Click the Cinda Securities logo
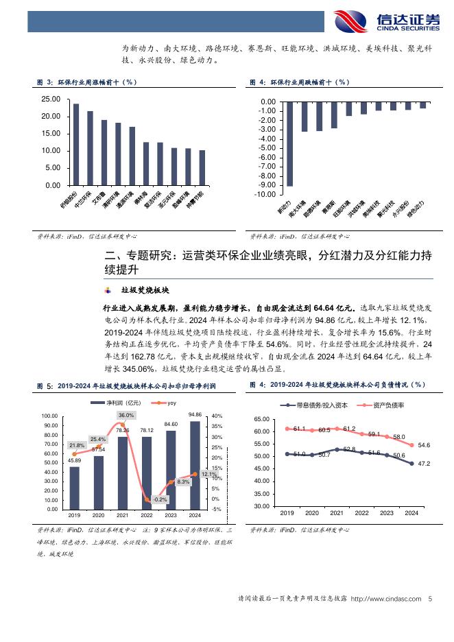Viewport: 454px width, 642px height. pyautogui.click(x=386, y=21)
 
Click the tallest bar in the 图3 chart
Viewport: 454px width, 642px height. pyautogui.click(x=76, y=144)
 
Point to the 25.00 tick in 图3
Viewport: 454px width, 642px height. pyautogui.click(x=51, y=99)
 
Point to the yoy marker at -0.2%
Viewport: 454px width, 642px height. pyautogui.click(x=147, y=500)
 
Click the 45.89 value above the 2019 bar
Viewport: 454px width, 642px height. pyautogui.click(x=75, y=460)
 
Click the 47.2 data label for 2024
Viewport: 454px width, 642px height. pyautogui.click(x=424, y=464)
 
